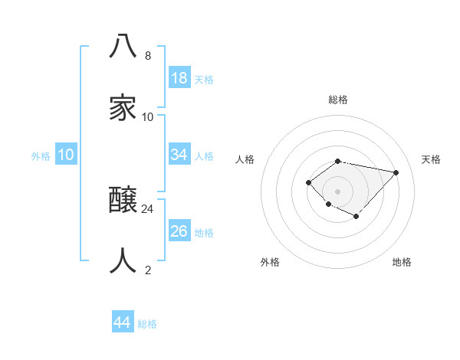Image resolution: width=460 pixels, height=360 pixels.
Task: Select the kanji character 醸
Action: tap(123, 201)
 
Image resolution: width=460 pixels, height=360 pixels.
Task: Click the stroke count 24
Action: tap(148, 208)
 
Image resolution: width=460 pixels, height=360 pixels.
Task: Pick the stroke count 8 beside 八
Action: tap(148, 55)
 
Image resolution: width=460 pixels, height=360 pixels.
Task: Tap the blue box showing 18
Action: tap(179, 78)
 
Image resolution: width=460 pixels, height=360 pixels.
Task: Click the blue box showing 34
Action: tap(179, 155)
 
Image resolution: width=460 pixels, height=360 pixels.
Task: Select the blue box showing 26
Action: tap(179, 231)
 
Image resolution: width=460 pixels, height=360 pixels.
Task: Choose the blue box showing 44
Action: tap(122, 322)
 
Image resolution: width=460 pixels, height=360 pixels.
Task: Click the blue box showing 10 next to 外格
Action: tap(66, 155)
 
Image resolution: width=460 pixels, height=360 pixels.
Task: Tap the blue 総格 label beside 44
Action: tap(147, 324)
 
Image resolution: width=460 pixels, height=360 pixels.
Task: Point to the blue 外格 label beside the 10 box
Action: tap(41, 156)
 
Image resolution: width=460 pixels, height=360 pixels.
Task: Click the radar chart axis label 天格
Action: tap(431, 159)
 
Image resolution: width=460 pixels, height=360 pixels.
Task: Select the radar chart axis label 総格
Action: tap(338, 100)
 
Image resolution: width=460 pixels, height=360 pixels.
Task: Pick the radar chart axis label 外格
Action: tap(270, 262)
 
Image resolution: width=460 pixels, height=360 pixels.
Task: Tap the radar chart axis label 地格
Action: tap(402, 262)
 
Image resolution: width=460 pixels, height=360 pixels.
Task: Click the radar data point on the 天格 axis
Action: tap(396, 172)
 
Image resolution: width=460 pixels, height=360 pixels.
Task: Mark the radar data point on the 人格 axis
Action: tap(308, 182)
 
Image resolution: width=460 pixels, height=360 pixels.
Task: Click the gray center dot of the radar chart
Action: tap(337, 191)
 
